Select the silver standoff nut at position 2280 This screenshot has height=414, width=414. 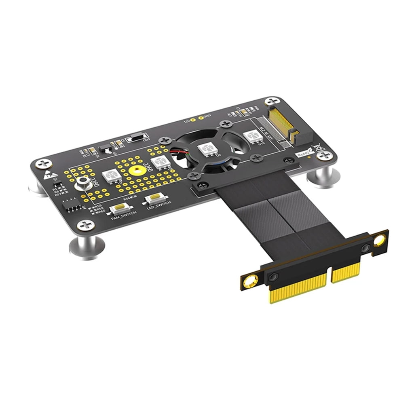pyautogui.click(x=82, y=183)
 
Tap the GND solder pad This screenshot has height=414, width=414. pyautogui.click(x=201, y=118)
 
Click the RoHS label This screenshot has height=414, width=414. pyautogui.click(x=302, y=154)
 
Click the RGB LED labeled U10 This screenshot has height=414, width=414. pyautogui.click(x=252, y=136)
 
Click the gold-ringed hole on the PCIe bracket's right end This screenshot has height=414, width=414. pyautogui.click(x=379, y=241)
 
